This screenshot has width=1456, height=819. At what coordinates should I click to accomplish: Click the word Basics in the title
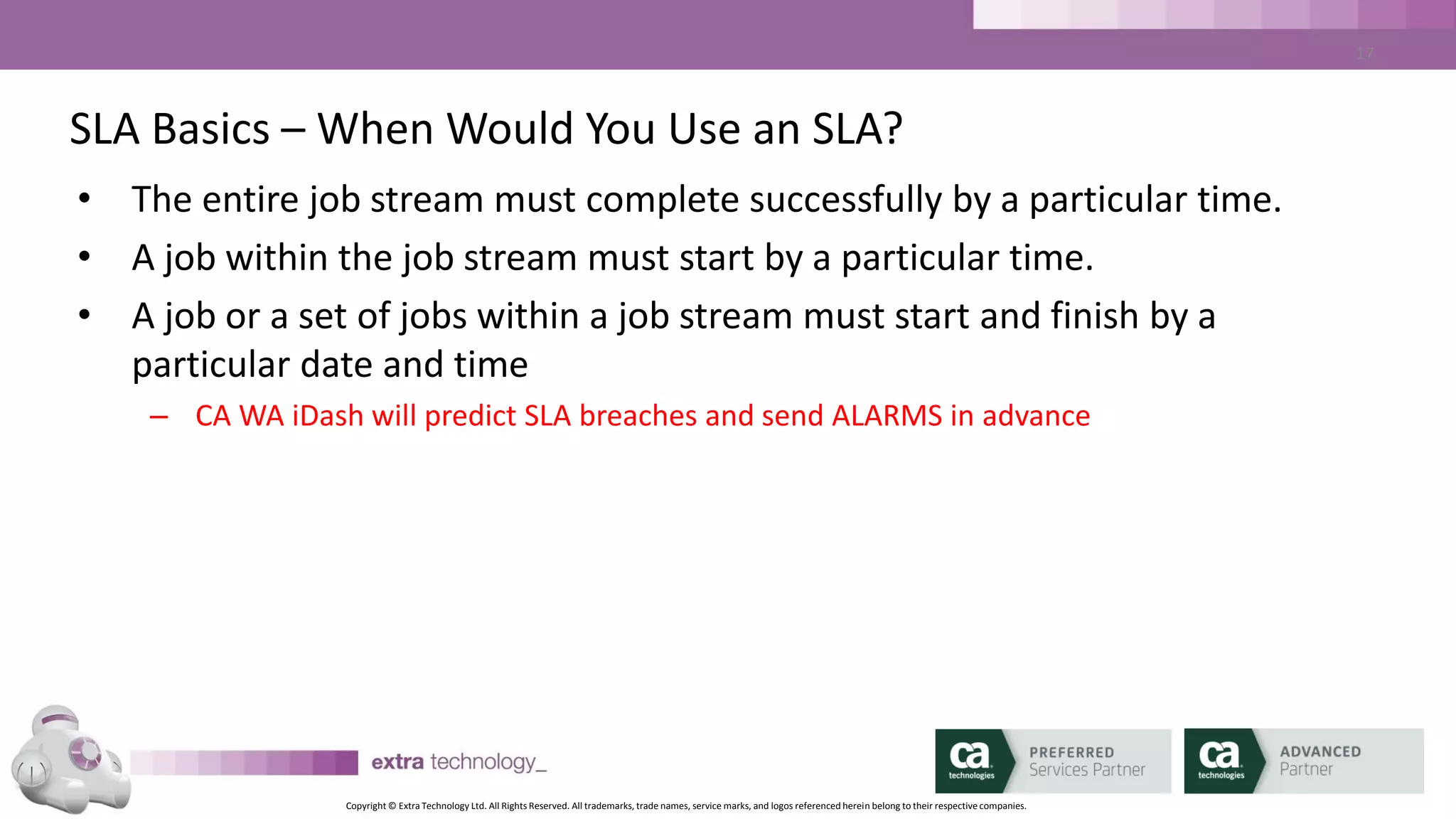pos(210,129)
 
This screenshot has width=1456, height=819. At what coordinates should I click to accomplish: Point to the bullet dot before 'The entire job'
pos(85,198)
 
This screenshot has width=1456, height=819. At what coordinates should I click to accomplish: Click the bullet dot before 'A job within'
pos(85,256)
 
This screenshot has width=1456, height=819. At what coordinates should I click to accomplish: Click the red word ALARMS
pos(887,416)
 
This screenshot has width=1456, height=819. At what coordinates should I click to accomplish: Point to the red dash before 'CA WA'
pos(159,417)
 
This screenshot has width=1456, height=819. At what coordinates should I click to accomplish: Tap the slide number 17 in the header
pos(1364,53)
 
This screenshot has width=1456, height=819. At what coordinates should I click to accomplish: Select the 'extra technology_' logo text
pos(459,762)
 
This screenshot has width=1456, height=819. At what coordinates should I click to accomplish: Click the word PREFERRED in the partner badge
pos(1071,752)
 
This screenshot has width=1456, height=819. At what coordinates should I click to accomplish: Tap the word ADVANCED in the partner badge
pos(1320,751)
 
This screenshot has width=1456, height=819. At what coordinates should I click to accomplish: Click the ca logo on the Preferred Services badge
pos(970,759)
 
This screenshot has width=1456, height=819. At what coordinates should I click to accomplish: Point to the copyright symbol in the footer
pos(392,806)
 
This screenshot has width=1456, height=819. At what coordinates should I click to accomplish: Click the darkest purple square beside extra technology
pos(346,763)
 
